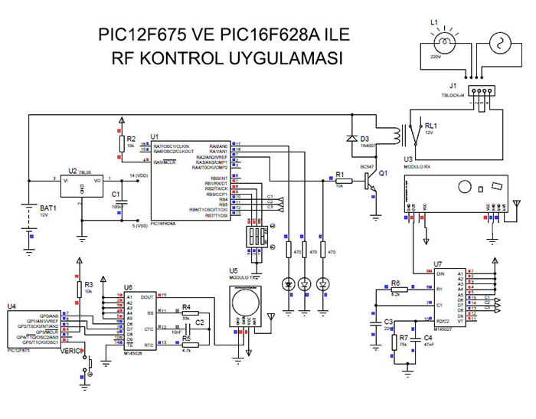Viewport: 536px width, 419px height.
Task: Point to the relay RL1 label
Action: tap(431, 126)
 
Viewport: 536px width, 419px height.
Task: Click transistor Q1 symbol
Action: tap(371, 181)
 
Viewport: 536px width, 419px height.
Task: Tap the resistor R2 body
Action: tap(121, 144)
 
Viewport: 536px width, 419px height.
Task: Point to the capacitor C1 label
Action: tap(116, 195)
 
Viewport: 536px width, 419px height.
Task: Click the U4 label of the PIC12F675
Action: tap(11, 306)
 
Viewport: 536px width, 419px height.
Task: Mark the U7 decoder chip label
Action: tap(437, 264)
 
